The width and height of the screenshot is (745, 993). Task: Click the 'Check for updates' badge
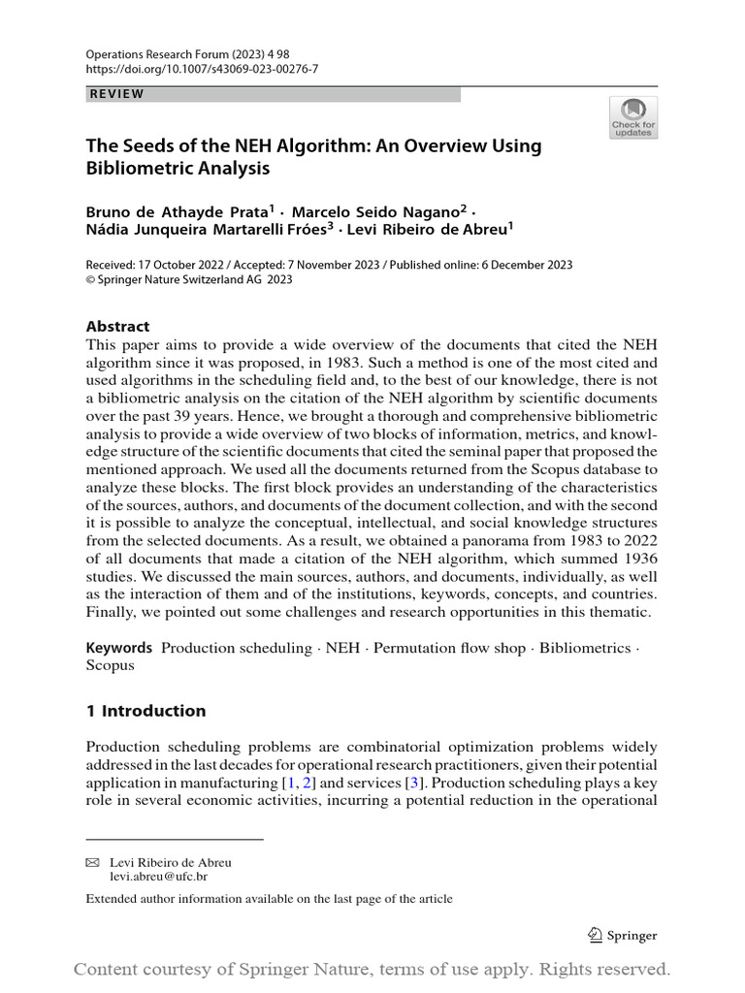coord(633,117)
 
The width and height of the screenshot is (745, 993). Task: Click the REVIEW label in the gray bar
coord(116,94)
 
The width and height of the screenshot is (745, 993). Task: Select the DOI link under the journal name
coord(202,70)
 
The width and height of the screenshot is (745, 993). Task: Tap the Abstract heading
coord(118,327)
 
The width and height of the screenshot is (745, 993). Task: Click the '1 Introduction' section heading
coord(146,711)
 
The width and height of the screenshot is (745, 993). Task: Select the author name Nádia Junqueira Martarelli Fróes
coord(206,229)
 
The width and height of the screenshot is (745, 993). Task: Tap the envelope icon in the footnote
coord(93,862)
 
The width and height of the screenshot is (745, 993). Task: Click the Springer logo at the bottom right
coord(623,936)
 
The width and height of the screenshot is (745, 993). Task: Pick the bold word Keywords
coord(119,648)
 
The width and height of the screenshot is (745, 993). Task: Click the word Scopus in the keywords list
coord(111,666)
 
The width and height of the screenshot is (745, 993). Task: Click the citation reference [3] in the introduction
coord(414,783)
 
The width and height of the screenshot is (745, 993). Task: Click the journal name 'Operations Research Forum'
coord(155,55)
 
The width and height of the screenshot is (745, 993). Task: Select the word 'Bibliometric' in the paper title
coord(134,168)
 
